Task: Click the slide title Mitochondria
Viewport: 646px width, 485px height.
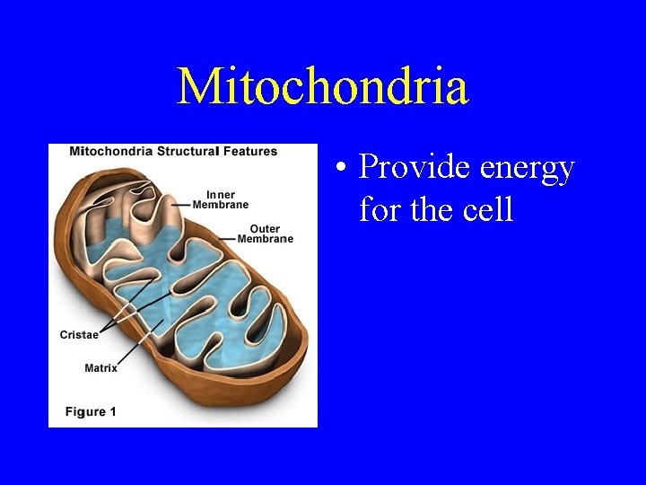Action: click(x=322, y=86)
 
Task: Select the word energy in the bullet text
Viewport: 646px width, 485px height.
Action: click(x=528, y=169)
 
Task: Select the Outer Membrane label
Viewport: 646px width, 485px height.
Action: click(x=265, y=234)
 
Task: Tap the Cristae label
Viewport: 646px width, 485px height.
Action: click(x=79, y=335)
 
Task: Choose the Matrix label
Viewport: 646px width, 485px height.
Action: click(x=100, y=367)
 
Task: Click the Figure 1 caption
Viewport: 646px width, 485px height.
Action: click(x=91, y=411)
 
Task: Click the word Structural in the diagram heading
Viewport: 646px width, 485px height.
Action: click(x=188, y=151)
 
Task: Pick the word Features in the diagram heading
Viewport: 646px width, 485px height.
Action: click(x=249, y=151)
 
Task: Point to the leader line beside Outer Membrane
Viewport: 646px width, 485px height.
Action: click(x=226, y=240)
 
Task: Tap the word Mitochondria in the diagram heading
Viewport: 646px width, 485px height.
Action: click(x=110, y=151)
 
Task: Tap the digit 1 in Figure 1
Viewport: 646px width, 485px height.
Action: click(x=113, y=411)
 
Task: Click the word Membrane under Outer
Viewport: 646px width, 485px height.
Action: click(x=266, y=239)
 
